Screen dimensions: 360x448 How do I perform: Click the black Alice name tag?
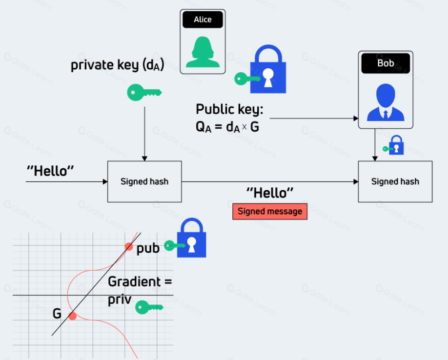pyautogui.click(x=203, y=20)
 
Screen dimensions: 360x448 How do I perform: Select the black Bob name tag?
pyautogui.click(x=386, y=63)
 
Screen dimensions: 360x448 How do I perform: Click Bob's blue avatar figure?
pyautogui.click(x=386, y=102)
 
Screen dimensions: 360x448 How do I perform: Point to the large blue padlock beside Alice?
pyautogui.click(x=267, y=71)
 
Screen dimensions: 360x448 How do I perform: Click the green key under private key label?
pyautogui.click(x=144, y=92)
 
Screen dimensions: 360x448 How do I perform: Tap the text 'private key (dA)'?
pyautogui.click(x=117, y=65)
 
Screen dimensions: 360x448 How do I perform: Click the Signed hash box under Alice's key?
pyautogui.click(x=144, y=181)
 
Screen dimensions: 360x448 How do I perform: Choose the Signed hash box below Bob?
pyautogui.click(x=395, y=181)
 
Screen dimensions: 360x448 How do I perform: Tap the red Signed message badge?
pyautogui.click(x=269, y=212)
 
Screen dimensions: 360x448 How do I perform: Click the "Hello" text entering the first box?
pyautogui.click(x=50, y=171)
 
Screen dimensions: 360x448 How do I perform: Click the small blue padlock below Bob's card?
pyautogui.click(x=397, y=145)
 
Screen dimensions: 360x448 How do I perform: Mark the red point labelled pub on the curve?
pyautogui.click(x=128, y=246)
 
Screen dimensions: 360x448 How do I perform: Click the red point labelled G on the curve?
pyautogui.click(x=73, y=316)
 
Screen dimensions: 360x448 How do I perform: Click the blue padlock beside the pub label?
pyautogui.click(x=191, y=239)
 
